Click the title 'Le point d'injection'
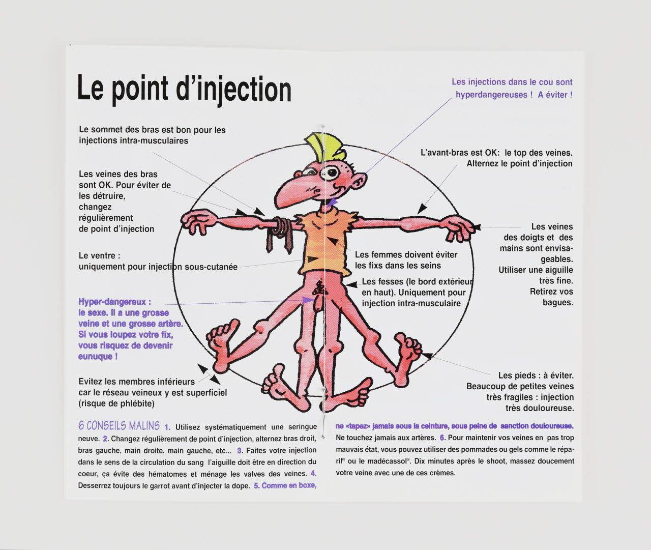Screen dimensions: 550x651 [x=184, y=89]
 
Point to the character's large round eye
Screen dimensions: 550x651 [x=334, y=172]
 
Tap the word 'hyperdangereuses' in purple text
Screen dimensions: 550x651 [x=491, y=95]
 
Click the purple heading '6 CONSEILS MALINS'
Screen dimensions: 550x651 [x=119, y=425]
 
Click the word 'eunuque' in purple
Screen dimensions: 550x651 [x=95, y=356]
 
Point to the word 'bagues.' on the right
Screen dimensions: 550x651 [x=558, y=303]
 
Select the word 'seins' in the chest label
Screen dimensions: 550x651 [x=430, y=266]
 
